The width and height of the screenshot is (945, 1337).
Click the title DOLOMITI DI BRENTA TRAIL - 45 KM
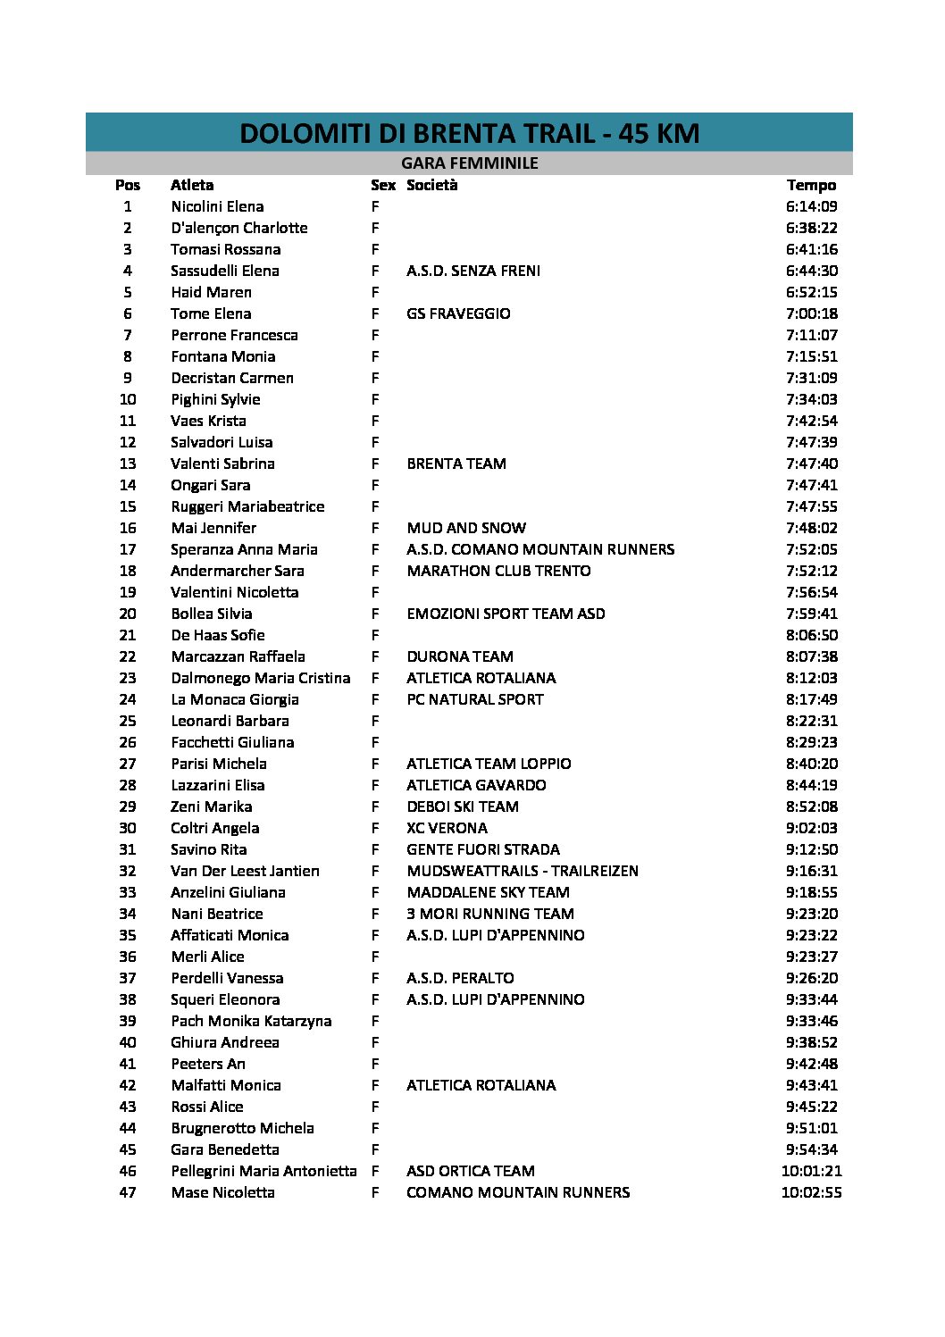tap(469, 133)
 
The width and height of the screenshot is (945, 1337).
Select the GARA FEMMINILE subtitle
tap(469, 163)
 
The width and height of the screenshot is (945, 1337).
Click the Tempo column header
tap(811, 185)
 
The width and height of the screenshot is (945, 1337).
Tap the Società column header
tap(431, 185)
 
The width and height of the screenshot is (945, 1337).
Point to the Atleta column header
tap(192, 185)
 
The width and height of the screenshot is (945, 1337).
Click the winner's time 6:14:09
tap(811, 206)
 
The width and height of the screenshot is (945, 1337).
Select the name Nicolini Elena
tap(217, 206)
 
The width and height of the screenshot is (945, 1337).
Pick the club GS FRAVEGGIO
tap(458, 313)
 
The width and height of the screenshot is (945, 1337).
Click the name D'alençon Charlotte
tap(239, 228)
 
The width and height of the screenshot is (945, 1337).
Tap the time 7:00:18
tap(811, 313)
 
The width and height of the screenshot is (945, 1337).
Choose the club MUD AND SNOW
tap(466, 528)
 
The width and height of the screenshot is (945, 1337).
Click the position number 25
tap(128, 721)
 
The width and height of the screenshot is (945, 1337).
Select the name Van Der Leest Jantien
tap(245, 871)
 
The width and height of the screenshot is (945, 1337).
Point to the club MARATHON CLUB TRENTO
tap(498, 571)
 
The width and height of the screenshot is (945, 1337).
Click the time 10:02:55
tap(811, 1192)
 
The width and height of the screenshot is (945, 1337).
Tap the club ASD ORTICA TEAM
tap(471, 1171)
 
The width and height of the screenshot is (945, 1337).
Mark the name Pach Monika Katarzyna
tap(251, 1021)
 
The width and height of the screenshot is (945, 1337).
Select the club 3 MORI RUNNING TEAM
tap(490, 914)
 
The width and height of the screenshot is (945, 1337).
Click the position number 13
tap(128, 464)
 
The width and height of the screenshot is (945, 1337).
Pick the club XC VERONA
tap(447, 828)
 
